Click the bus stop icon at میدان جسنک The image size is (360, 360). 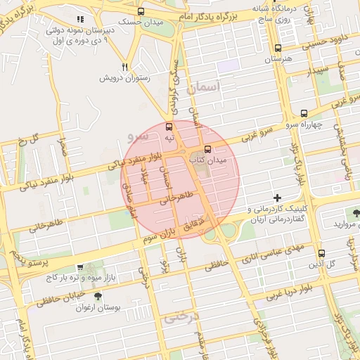[x=141, y=11]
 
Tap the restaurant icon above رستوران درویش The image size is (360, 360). [x=124, y=67]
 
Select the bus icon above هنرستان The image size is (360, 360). [x=278, y=49]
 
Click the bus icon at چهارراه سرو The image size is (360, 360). [x=304, y=112]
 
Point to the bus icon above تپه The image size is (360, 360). [x=168, y=127]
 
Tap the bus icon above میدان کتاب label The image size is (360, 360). [x=207, y=149]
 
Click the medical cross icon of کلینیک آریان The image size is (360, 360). [x=278, y=198]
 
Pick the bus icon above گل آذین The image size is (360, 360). [x=321, y=253]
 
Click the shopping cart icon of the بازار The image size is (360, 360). [x=80, y=268]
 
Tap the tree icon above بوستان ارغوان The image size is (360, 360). [x=98, y=296]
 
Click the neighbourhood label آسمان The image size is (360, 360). [x=204, y=87]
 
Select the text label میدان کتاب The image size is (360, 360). [x=210, y=161]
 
